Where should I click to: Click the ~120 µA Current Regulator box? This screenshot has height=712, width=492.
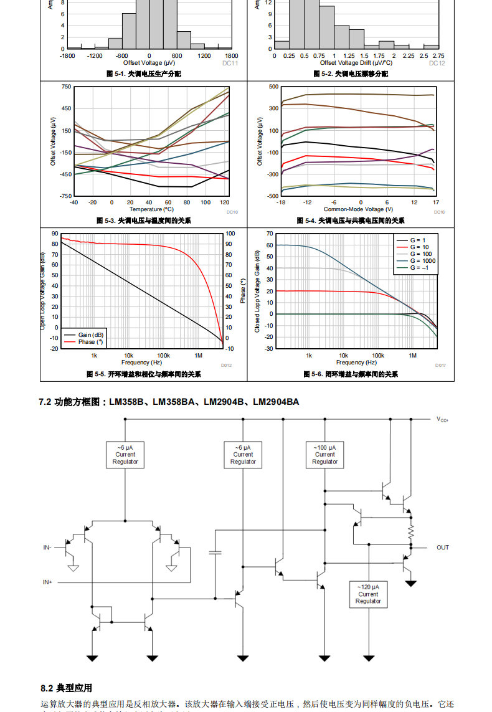coord(368,594)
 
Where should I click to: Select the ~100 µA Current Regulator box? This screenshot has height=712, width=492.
coord(324,455)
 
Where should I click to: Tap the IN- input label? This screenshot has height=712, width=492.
coord(47,548)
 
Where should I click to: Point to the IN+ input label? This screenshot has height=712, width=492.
coord(47,582)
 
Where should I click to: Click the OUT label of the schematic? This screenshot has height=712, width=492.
coord(442,548)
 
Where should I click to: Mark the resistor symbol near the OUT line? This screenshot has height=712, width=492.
coord(410,531)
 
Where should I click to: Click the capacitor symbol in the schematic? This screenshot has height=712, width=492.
coord(215,552)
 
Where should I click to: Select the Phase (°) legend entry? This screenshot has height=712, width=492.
coord(90,342)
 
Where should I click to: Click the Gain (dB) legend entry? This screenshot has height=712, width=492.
coord(90,335)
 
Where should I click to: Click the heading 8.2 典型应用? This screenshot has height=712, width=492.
coord(66,688)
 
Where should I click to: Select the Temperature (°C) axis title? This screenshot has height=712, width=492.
coord(151,209)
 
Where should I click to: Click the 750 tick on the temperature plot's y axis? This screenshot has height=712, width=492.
coord(66,87)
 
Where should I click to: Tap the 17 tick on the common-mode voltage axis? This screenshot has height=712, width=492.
coord(436,202)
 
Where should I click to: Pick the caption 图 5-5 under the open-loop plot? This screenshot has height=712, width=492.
coord(143,374)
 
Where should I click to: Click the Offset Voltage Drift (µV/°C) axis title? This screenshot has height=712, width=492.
coord(356,63)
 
